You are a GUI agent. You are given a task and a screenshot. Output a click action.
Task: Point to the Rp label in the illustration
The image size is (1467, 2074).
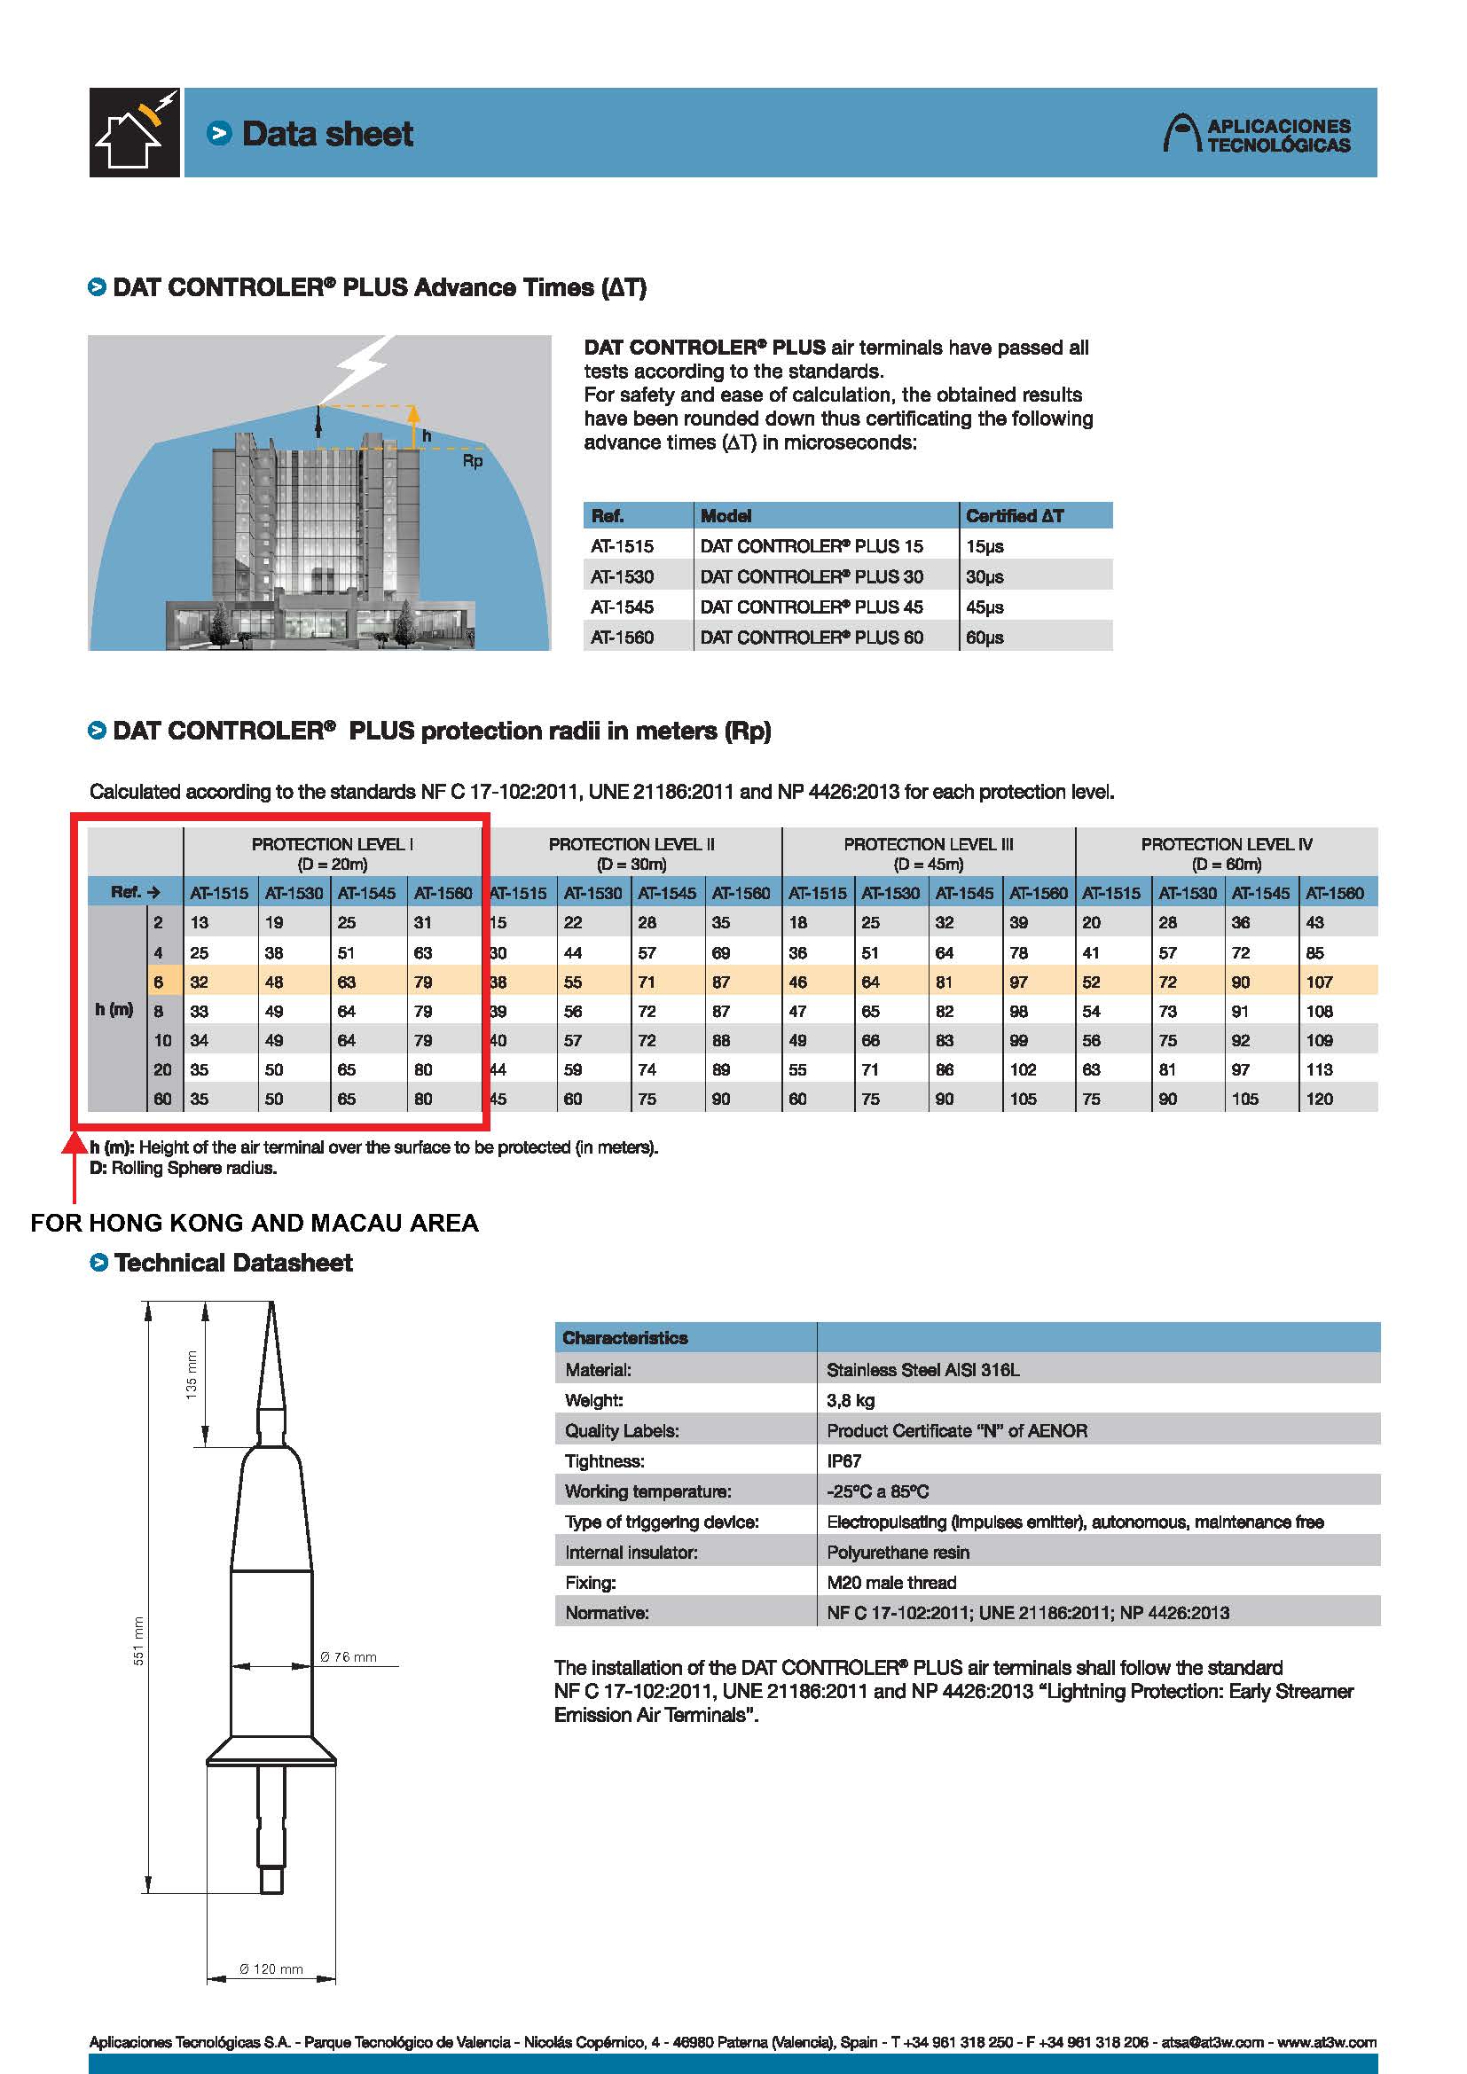(473, 462)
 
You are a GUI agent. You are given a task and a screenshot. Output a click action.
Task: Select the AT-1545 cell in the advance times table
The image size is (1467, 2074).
(623, 607)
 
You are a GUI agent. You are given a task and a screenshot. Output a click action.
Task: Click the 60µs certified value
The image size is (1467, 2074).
(985, 638)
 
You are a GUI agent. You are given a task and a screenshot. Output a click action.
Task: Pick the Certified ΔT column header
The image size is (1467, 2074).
(1015, 516)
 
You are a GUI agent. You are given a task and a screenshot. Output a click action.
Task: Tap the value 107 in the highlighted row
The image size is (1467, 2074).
(1319, 982)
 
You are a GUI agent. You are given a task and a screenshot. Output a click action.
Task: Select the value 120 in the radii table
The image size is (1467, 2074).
(1319, 1100)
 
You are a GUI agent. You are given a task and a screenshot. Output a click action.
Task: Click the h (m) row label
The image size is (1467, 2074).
(114, 1010)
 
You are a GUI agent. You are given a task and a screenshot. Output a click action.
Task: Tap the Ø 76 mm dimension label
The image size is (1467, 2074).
(349, 1656)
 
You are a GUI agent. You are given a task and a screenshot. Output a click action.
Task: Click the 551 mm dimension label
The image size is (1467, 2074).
(139, 1640)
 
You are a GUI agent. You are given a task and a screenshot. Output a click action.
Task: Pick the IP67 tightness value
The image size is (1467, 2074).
(843, 1461)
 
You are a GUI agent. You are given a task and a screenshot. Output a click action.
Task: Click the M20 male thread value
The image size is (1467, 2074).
(890, 1583)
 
